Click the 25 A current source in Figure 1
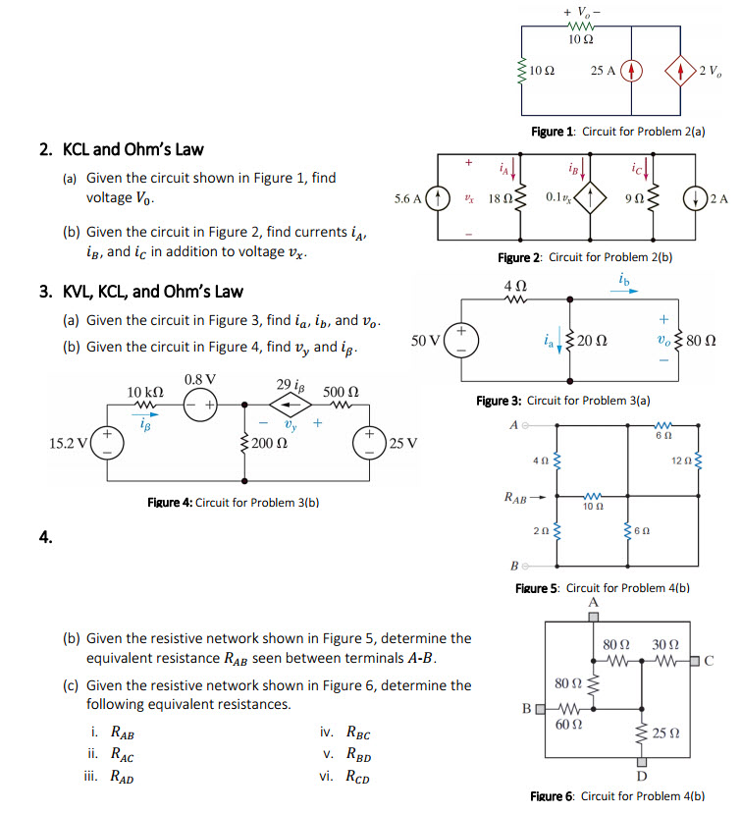point(632,71)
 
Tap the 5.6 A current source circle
point(441,197)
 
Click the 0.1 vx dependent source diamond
point(588,197)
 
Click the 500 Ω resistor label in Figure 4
point(341,391)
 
